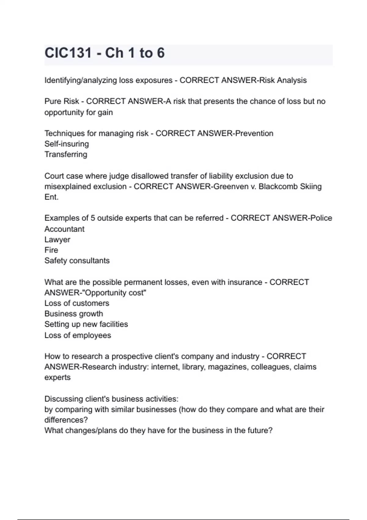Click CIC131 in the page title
tap(68, 53)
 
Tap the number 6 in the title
tap(161, 53)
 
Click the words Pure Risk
tap(61, 101)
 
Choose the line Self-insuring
tap(67, 144)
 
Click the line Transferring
tap(66, 154)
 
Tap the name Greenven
tap(227, 186)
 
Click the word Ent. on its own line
tap(51, 197)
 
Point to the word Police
tap(321, 218)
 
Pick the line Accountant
tap(65, 229)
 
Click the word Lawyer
tap(57, 240)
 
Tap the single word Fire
tap(51, 250)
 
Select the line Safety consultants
tap(77, 261)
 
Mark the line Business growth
tap(74, 314)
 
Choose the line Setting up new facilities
tap(86, 324)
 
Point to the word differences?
tap(66, 420)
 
